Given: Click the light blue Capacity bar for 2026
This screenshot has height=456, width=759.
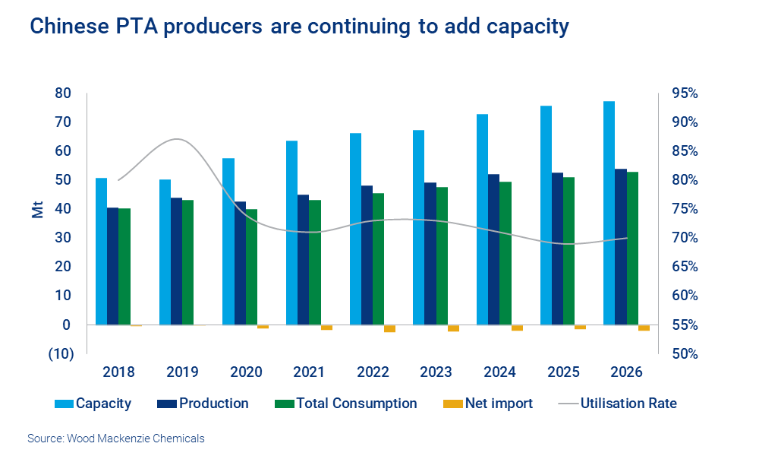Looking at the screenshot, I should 609,213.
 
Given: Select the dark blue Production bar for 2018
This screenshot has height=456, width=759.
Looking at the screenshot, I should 112,266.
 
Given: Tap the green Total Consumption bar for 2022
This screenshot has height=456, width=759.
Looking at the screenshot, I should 378,259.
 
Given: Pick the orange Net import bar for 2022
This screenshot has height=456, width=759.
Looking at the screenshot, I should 390,328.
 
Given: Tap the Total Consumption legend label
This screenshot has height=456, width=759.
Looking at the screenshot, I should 356,404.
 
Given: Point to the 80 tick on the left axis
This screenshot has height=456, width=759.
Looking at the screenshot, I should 62,93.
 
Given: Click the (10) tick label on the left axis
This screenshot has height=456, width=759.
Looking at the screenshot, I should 61,354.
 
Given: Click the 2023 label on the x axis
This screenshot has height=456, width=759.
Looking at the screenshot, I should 436,372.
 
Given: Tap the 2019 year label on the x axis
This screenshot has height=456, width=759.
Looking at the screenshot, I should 182,372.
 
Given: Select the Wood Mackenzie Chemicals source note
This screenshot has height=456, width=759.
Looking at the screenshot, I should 115,439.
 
